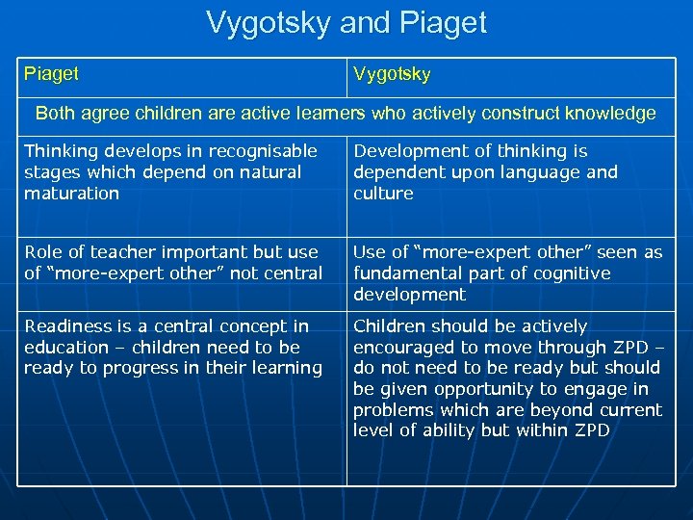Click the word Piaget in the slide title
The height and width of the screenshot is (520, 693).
click(437, 22)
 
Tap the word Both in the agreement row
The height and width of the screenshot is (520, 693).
click(56, 114)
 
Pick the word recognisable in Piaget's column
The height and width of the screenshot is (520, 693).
click(261, 151)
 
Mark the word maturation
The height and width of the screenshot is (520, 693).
click(72, 194)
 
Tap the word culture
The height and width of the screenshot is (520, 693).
click(383, 194)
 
